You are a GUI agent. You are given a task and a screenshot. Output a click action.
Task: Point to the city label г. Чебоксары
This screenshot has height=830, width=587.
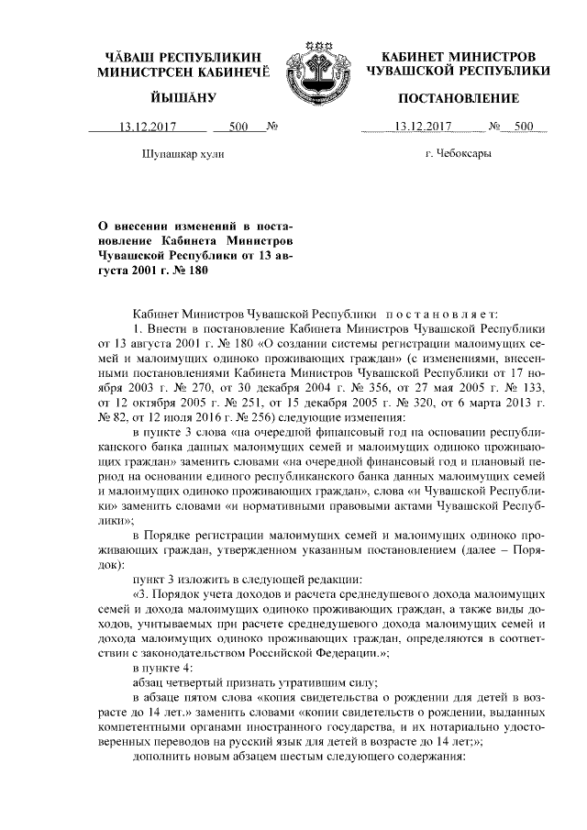coord(458,154)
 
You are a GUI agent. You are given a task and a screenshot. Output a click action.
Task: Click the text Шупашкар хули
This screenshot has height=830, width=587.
coord(182,154)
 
